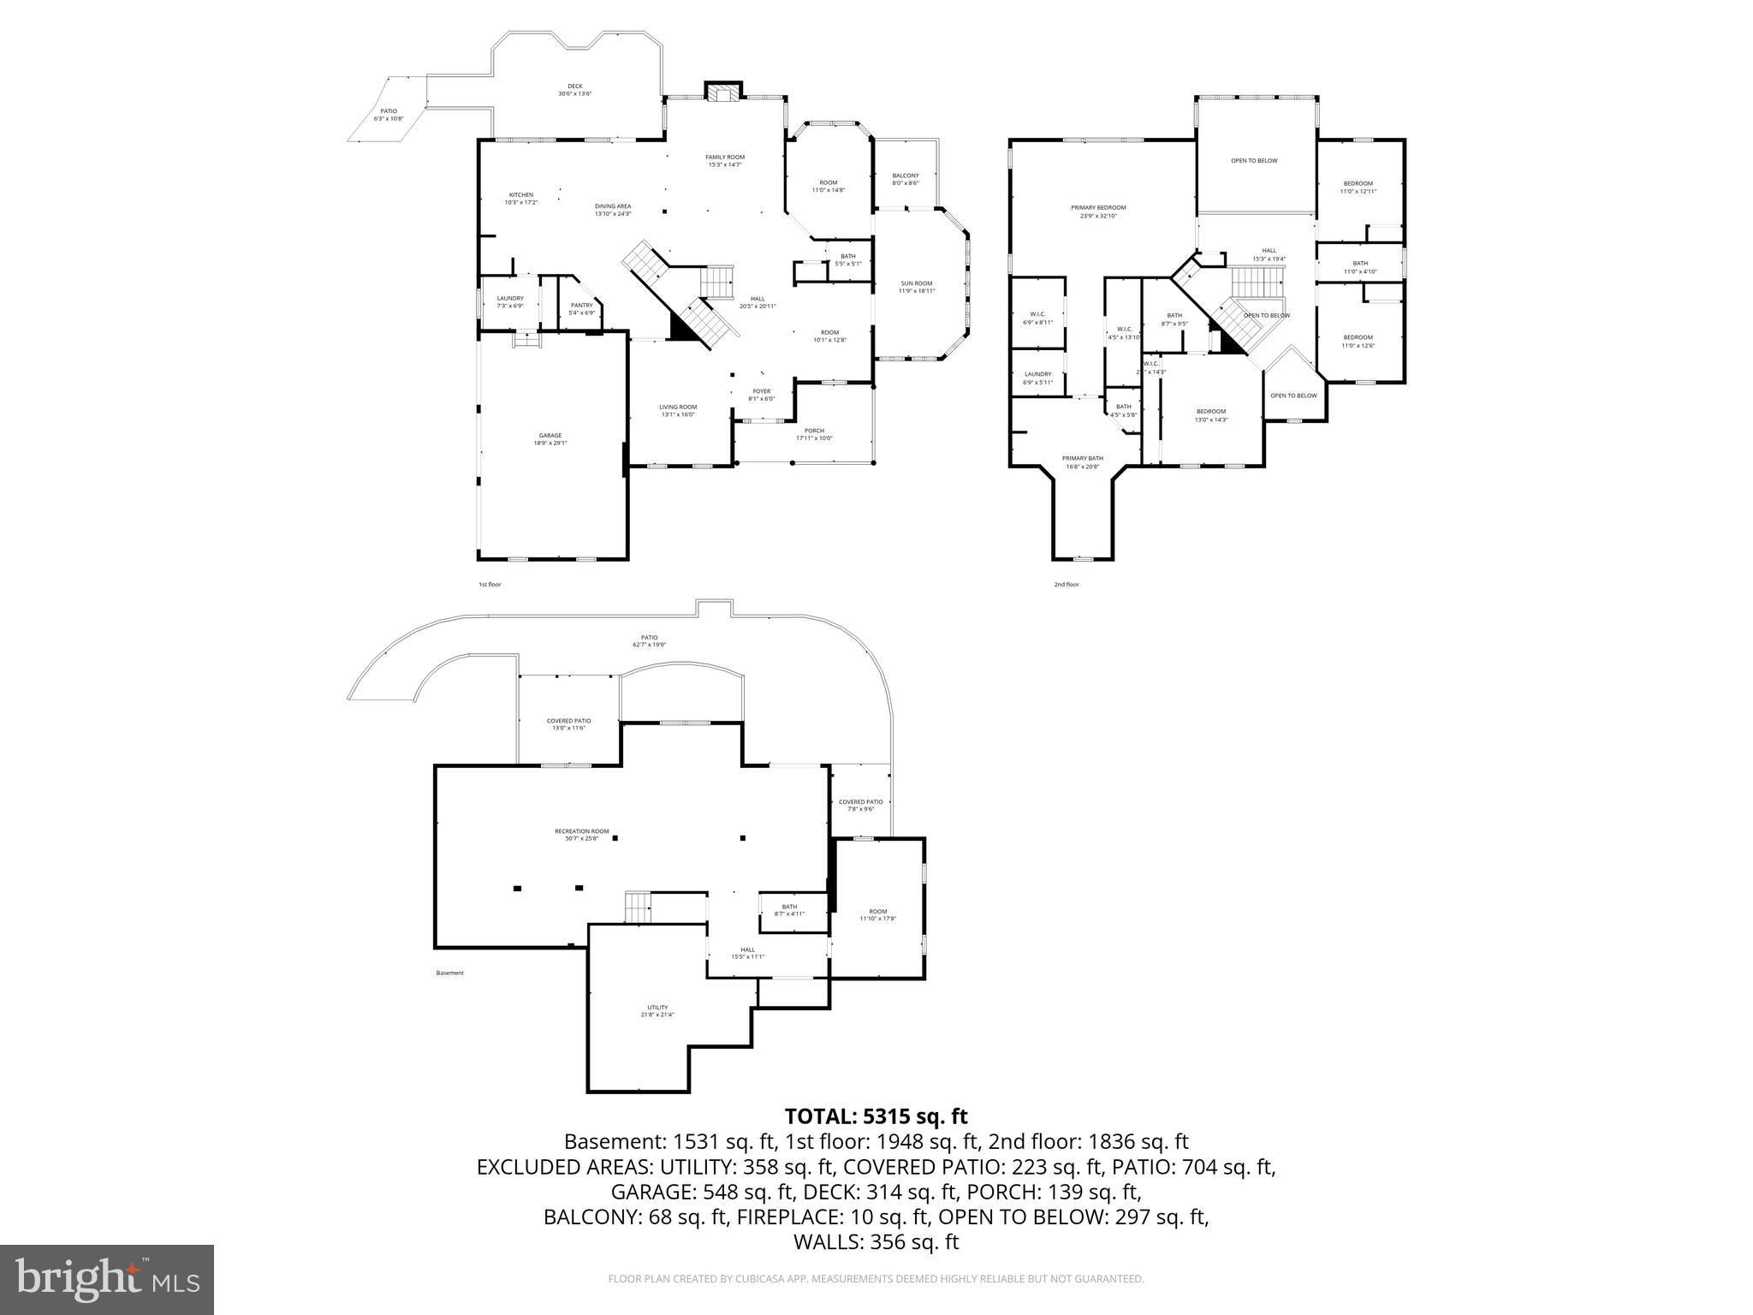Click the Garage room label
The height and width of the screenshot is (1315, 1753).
550,439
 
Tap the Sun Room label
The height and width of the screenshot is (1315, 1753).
916,287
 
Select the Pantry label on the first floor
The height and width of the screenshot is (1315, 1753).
581,309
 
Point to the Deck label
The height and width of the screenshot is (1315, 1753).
575,89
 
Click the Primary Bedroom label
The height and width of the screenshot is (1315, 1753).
1098,211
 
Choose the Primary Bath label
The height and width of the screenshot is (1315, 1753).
1083,462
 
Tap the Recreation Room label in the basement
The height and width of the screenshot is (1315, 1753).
582,835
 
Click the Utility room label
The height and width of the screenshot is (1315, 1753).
657,1011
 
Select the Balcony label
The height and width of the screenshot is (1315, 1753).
906,179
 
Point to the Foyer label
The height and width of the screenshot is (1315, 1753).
761,395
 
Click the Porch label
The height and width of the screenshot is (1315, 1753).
814,434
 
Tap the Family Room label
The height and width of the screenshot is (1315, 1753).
725,160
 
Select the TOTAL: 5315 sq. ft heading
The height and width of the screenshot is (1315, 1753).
876,1116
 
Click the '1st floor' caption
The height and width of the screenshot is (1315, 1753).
490,585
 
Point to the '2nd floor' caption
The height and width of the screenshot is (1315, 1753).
1067,585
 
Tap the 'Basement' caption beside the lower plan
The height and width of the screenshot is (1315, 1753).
449,973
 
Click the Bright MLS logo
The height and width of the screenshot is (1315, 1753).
107,1279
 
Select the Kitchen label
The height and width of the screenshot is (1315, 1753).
521,198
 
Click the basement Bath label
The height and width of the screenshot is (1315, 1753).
789,910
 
